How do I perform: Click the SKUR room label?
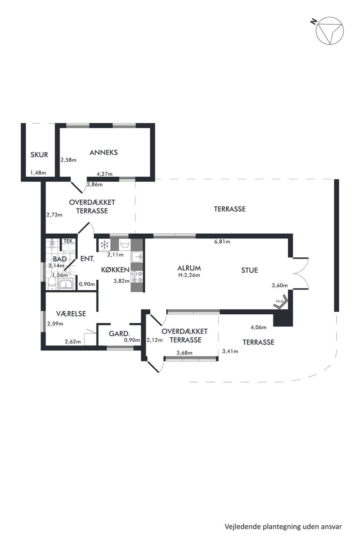pyautogui.click(x=39, y=155)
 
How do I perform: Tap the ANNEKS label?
pyautogui.click(x=104, y=152)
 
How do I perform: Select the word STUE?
pyautogui.click(x=249, y=270)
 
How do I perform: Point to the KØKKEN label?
pyautogui.click(x=115, y=270)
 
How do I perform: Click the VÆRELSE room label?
pyautogui.click(x=71, y=313)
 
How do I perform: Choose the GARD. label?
pyautogui.click(x=119, y=334)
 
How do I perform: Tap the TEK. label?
pyautogui.click(x=69, y=241)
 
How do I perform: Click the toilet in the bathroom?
pyautogui.click(x=52, y=283)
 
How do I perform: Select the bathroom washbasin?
pyautogui.click(x=65, y=285)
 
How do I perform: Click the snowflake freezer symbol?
pyautogui.click(x=104, y=245)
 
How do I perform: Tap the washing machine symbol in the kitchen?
pyautogui.click(x=125, y=245)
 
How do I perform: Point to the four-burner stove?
pyautogui.click(x=137, y=277)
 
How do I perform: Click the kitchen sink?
pyautogui.click(x=137, y=257)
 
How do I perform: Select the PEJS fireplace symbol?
pyautogui.click(x=281, y=302)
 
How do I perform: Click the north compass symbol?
pyautogui.click(x=330, y=31)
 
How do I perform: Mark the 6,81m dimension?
pyautogui.click(x=222, y=242)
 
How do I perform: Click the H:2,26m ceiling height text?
pyautogui.click(x=189, y=275)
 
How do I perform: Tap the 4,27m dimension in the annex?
pyautogui.click(x=105, y=174)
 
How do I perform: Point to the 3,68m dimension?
pyautogui.click(x=184, y=353)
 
